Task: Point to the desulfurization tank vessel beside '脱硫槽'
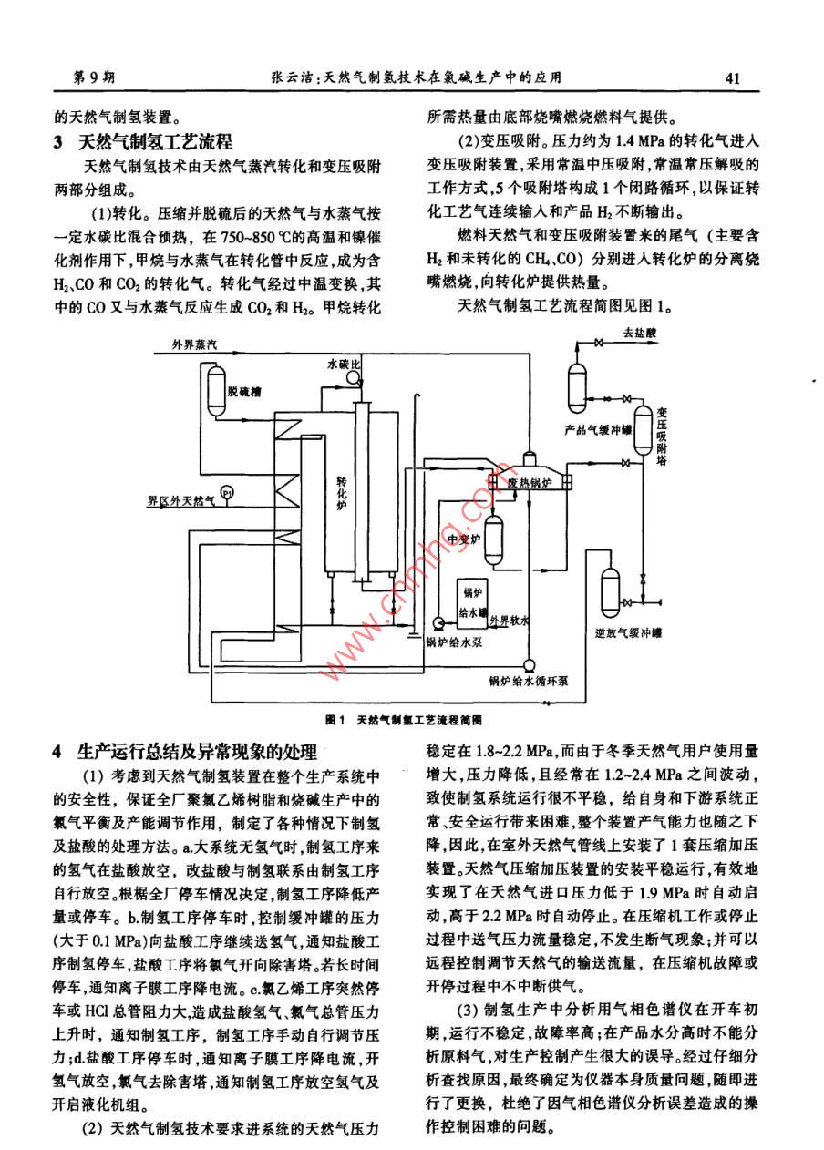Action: [216, 388]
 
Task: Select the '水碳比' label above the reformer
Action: [345, 363]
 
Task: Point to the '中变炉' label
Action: [466, 537]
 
